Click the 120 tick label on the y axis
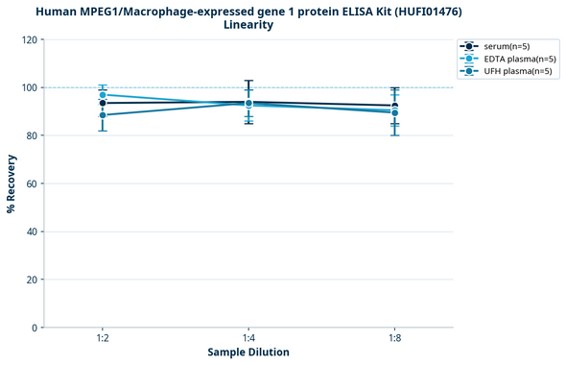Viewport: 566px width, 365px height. (x=29, y=39)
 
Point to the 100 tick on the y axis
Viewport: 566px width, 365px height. (x=29, y=87)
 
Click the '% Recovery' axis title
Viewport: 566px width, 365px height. (x=12, y=183)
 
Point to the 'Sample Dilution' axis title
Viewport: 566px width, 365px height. (x=248, y=353)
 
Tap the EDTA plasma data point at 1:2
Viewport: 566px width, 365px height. (x=103, y=95)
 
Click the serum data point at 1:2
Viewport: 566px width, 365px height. (x=103, y=103)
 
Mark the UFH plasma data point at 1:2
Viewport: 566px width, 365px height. (x=103, y=115)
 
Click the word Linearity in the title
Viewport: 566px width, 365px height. (x=248, y=25)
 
